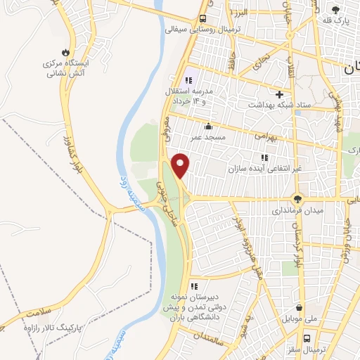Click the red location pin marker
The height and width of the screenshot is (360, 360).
181,165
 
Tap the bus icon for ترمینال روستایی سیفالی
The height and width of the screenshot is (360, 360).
203,18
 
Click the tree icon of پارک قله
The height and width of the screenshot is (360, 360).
335,9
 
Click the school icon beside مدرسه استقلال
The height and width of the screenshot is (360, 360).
188,81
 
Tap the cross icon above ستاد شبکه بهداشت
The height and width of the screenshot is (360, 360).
280,94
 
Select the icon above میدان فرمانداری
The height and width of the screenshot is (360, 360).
298,199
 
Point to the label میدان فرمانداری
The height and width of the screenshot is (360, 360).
299,210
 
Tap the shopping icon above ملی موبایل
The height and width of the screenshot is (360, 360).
300,307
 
